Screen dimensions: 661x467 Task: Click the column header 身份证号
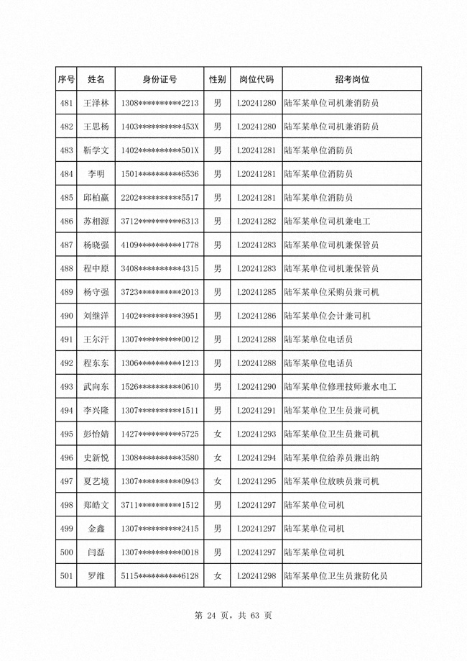click(x=159, y=79)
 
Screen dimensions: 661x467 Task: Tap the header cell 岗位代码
click(x=256, y=79)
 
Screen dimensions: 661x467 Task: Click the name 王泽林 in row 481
click(x=96, y=103)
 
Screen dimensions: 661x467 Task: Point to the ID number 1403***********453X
click(x=159, y=127)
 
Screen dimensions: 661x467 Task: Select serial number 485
click(x=67, y=197)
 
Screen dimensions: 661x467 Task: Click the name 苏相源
click(x=96, y=221)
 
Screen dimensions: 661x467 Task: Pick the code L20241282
click(x=256, y=221)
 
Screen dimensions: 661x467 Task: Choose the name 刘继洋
click(x=96, y=316)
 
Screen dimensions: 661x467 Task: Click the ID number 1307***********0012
click(x=159, y=339)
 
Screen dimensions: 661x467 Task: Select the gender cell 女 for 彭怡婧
click(x=218, y=434)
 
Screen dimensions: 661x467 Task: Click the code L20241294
click(x=256, y=457)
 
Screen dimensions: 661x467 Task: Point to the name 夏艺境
click(x=96, y=481)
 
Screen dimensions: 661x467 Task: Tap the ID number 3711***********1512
click(x=159, y=505)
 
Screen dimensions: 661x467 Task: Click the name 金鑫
click(x=96, y=529)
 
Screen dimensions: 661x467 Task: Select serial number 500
click(x=67, y=552)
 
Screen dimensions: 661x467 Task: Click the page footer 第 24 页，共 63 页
click(x=233, y=616)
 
